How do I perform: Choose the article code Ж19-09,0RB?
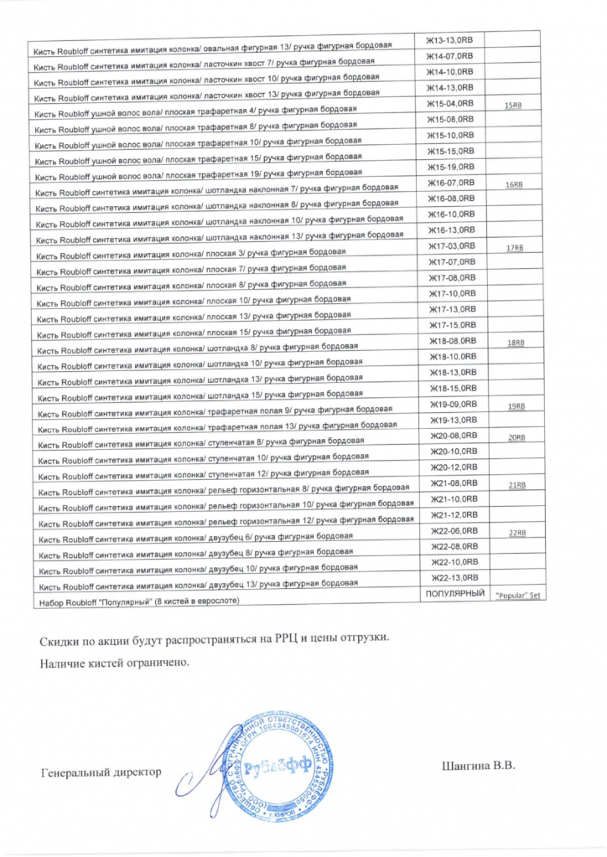click(x=453, y=404)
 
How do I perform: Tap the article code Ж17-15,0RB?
click(x=453, y=325)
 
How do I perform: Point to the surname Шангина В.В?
click(x=475, y=765)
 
